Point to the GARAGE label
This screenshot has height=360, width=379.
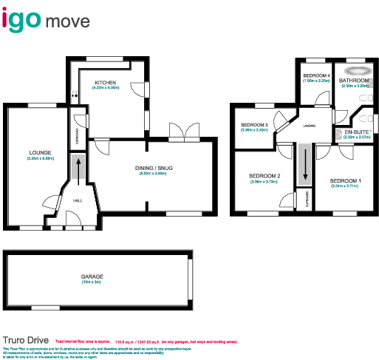(x=92, y=276)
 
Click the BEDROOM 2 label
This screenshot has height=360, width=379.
(x=263, y=175)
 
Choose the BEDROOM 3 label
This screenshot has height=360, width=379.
(x=253, y=124)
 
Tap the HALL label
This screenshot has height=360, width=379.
(x=77, y=200)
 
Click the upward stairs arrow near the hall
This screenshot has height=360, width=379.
(x=77, y=171)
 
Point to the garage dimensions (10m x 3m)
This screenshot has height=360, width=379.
(x=92, y=282)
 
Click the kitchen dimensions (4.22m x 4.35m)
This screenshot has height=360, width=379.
(x=106, y=88)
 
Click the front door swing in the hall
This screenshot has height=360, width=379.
(x=73, y=218)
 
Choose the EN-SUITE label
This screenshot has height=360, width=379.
(x=357, y=132)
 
